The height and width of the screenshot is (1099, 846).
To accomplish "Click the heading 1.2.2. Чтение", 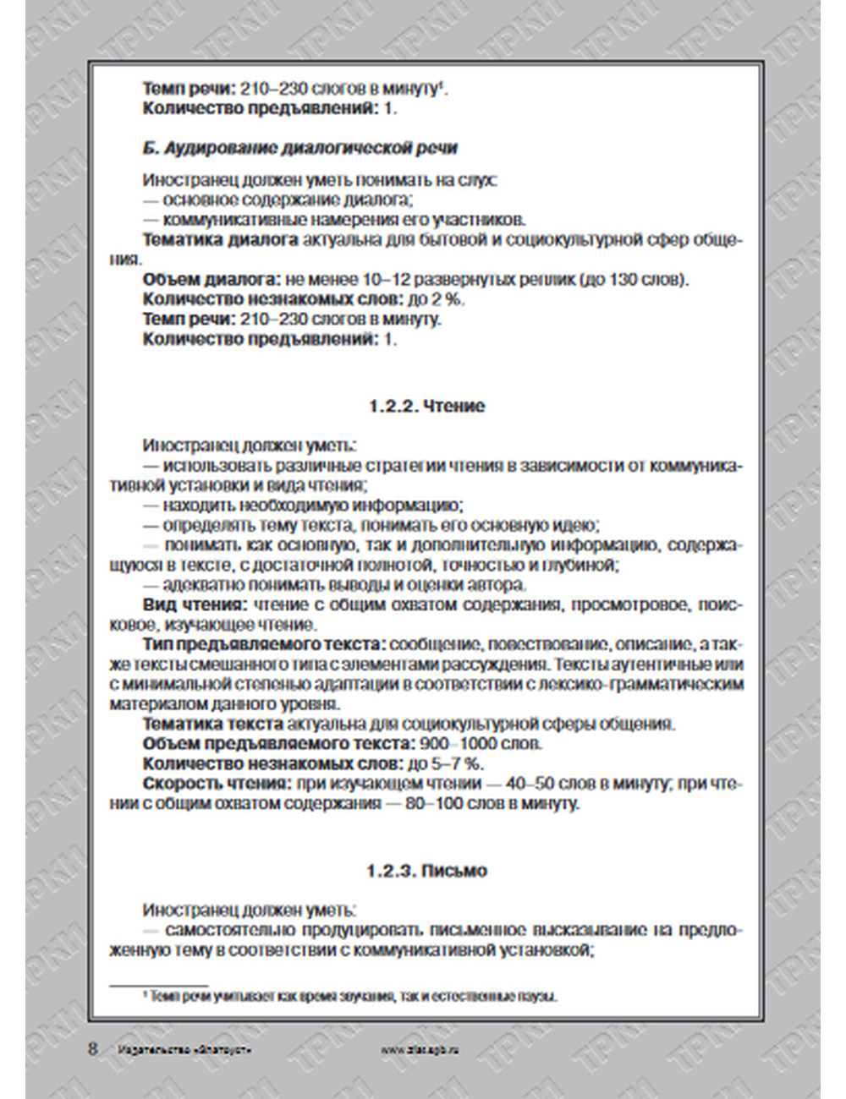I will pyautogui.click(x=426, y=406).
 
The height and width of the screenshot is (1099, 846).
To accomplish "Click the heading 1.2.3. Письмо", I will pyautogui.click(x=426, y=871).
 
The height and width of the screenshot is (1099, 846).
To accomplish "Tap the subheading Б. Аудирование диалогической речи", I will pyautogui.click(x=299, y=148).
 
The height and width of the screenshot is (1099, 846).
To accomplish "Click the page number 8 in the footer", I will pyautogui.click(x=92, y=1049).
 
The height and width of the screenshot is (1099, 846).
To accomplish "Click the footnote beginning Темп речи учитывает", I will pyautogui.click(x=354, y=997).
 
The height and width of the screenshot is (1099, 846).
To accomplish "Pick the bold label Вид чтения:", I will pyautogui.click(x=195, y=605).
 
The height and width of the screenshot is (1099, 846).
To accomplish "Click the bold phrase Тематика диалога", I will pyautogui.click(x=220, y=240).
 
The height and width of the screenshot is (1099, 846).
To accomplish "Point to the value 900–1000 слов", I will pyautogui.click(x=480, y=744).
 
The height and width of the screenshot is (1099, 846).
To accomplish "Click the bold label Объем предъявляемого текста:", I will pyautogui.click(x=276, y=744).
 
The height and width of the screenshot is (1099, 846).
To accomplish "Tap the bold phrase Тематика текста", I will pyautogui.click(x=212, y=724).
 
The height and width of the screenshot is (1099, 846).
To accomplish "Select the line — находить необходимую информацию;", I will pyautogui.click(x=303, y=506).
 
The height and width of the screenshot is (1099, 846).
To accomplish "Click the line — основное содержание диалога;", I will pyautogui.click(x=277, y=200).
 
